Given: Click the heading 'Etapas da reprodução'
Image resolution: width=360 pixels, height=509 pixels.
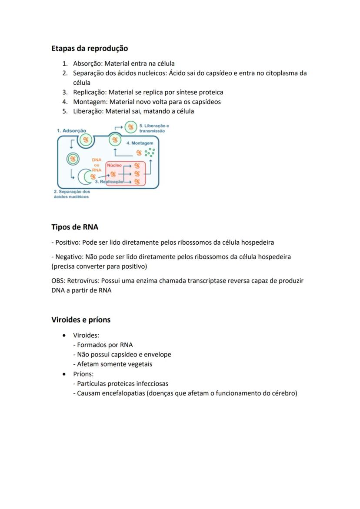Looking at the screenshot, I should pyautogui.click(x=90, y=48).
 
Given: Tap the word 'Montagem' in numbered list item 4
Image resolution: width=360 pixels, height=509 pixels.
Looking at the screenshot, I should pyautogui.click(x=90, y=102).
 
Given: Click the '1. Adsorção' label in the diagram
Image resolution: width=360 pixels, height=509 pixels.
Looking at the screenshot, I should pyautogui.click(x=71, y=130).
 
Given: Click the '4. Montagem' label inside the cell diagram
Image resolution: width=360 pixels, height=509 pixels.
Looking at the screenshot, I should pyautogui.click(x=140, y=143).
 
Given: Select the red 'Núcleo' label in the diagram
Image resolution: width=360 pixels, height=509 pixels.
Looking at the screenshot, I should pyautogui.click(x=114, y=166).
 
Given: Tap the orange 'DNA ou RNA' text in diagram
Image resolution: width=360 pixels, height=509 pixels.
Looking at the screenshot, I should pyautogui.click(x=97, y=165).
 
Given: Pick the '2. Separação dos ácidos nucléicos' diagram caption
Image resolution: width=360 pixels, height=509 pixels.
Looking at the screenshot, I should pyautogui.click(x=72, y=194).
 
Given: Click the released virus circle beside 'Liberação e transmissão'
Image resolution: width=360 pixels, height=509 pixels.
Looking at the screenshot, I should pyautogui.click(x=130, y=127).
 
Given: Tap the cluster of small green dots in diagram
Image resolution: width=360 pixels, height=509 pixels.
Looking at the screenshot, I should pyautogui.click(x=150, y=152).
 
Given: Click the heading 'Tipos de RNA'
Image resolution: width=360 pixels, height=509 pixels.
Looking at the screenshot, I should pyautogui.click(x=75, y=227).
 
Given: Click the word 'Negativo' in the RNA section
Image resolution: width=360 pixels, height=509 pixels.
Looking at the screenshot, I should pyautogui.click(x=68, y=257).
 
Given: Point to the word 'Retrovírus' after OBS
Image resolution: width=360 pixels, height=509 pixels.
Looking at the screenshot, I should pyautogui.click(x=82, y=281).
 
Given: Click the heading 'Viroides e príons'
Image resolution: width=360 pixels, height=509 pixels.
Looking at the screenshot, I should pyautogui.click(x=81, y=320).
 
